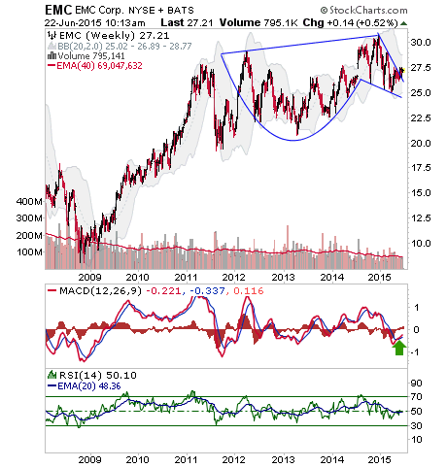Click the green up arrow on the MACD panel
[399, 349]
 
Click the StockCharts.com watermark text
[363, 11]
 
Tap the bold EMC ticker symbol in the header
[58, 10]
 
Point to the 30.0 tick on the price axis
[421, 42]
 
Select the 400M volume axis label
[29, 202]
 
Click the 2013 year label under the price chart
[283, 278]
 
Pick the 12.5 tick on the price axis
[421, 218]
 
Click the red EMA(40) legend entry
[94, 66]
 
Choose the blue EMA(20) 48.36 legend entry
[85, 386]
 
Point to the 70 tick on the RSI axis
[416, 396]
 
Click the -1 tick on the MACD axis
[415, 351]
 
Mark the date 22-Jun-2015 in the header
[73, 23]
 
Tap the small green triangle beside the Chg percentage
[403, 23]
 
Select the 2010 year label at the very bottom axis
[137, 459]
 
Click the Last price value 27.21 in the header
[199, 22]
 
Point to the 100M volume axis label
[29, 251]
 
